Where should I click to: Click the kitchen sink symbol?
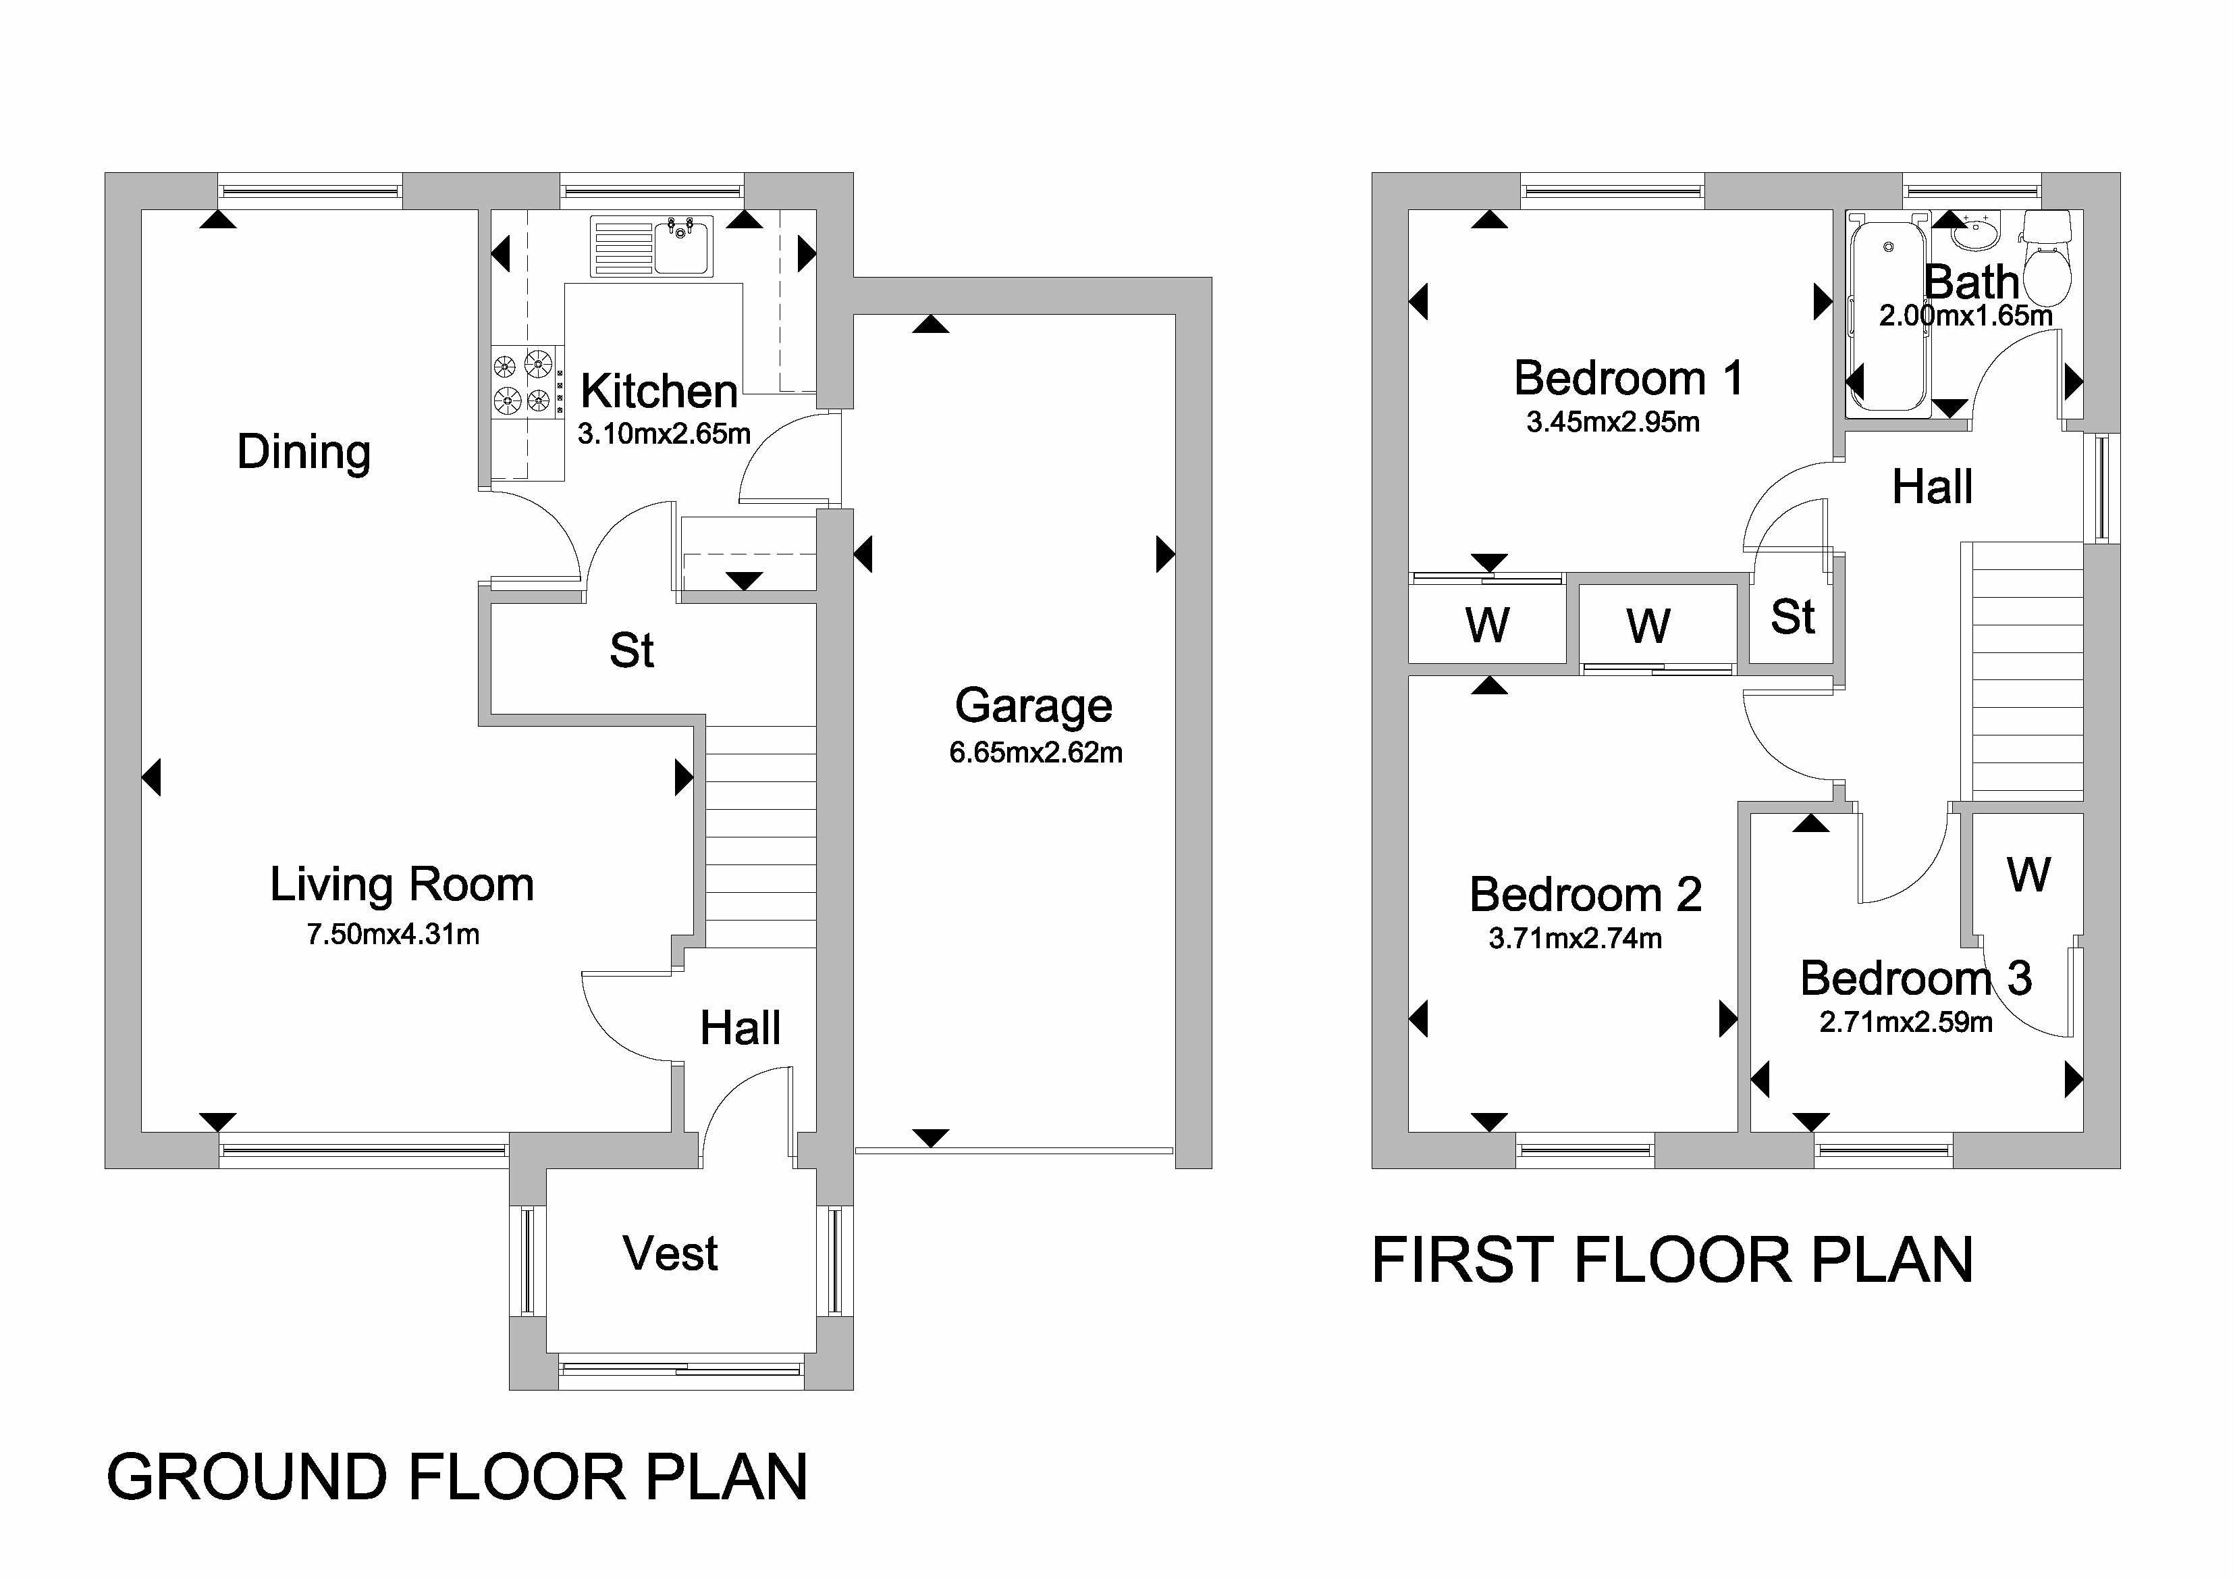click(651, 246)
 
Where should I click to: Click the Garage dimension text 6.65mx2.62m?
click(1035, 752)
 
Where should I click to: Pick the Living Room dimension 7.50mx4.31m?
click(393, 934)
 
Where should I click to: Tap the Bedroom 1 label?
click(1628, 378)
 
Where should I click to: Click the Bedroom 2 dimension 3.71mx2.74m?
click(1575, 938)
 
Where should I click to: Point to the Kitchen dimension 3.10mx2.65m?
click(664, 433)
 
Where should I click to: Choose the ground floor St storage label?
click(631, 650)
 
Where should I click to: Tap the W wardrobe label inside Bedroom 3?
click(2028, 874)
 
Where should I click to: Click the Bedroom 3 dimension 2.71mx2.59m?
click(1906, 1022)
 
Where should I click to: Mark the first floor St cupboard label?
click(1792, 617)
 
